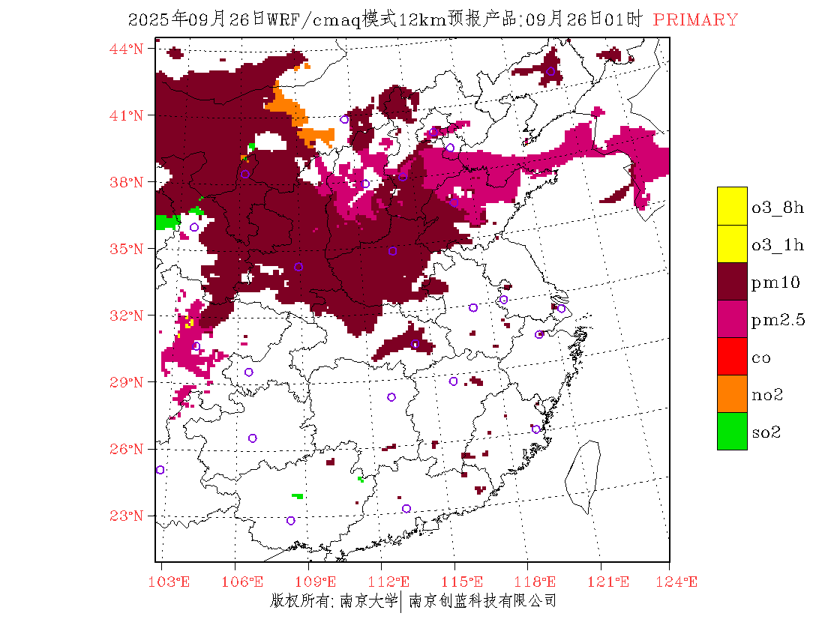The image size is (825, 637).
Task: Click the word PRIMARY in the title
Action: (695, 20)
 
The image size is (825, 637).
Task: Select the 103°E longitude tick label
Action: (172, 582)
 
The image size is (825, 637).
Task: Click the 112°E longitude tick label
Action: (394, 582)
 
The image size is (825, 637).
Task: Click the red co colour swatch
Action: (732, 356)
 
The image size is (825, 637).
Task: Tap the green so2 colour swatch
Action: (732, 431)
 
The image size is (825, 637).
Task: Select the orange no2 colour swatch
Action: (732, 393)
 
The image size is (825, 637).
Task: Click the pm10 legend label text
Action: (775, 283)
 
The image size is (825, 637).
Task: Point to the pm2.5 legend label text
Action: (778, 320)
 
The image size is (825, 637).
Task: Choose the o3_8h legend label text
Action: (778, 208)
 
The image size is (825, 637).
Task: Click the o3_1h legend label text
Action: (778, 245)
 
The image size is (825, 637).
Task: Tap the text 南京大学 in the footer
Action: (367, 601)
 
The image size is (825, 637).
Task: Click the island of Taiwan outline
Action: (583, 476)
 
